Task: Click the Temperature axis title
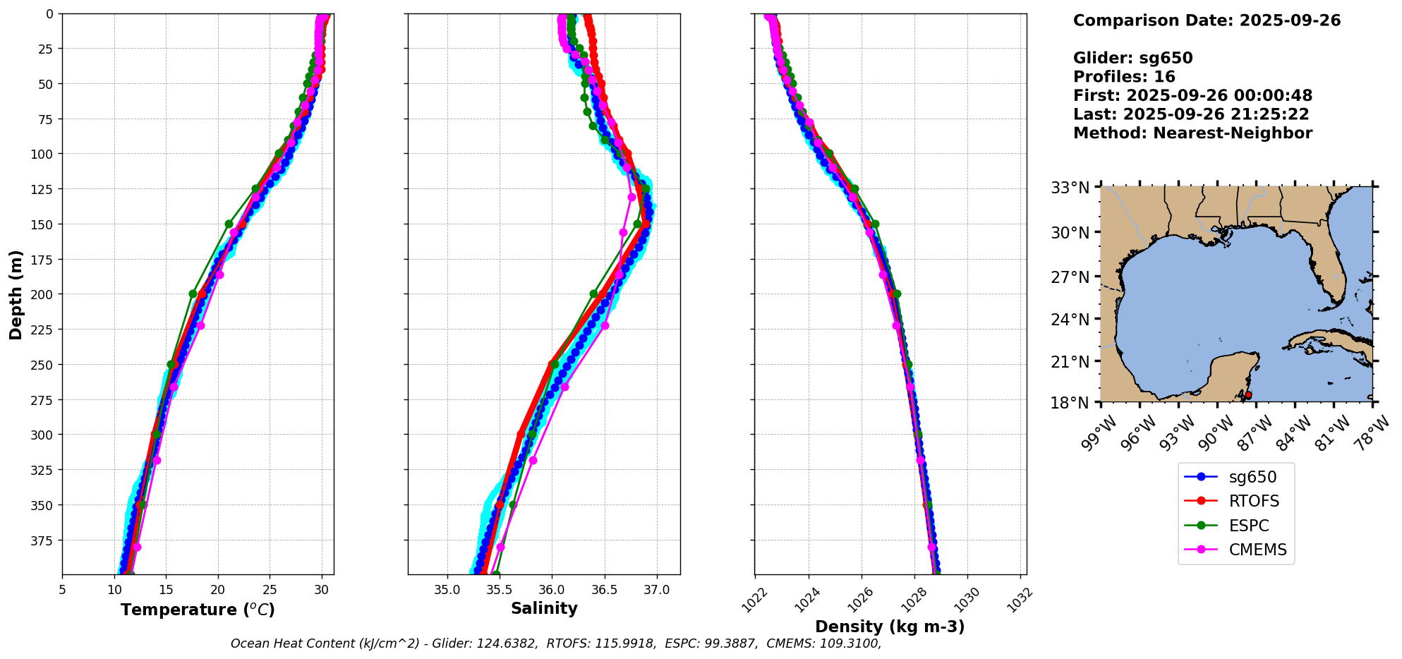point(198,610)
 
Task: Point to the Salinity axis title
point(544,608)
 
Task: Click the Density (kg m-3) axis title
point(890,627)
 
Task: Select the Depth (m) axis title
point(16,294)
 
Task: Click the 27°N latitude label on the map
point(1070,277)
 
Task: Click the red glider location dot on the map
point(1248,395)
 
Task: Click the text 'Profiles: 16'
point(1124,77)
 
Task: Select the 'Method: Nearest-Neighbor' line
point(1192,133)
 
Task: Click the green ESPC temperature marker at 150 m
point(229,224)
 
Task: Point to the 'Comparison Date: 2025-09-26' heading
point(1207,20)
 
